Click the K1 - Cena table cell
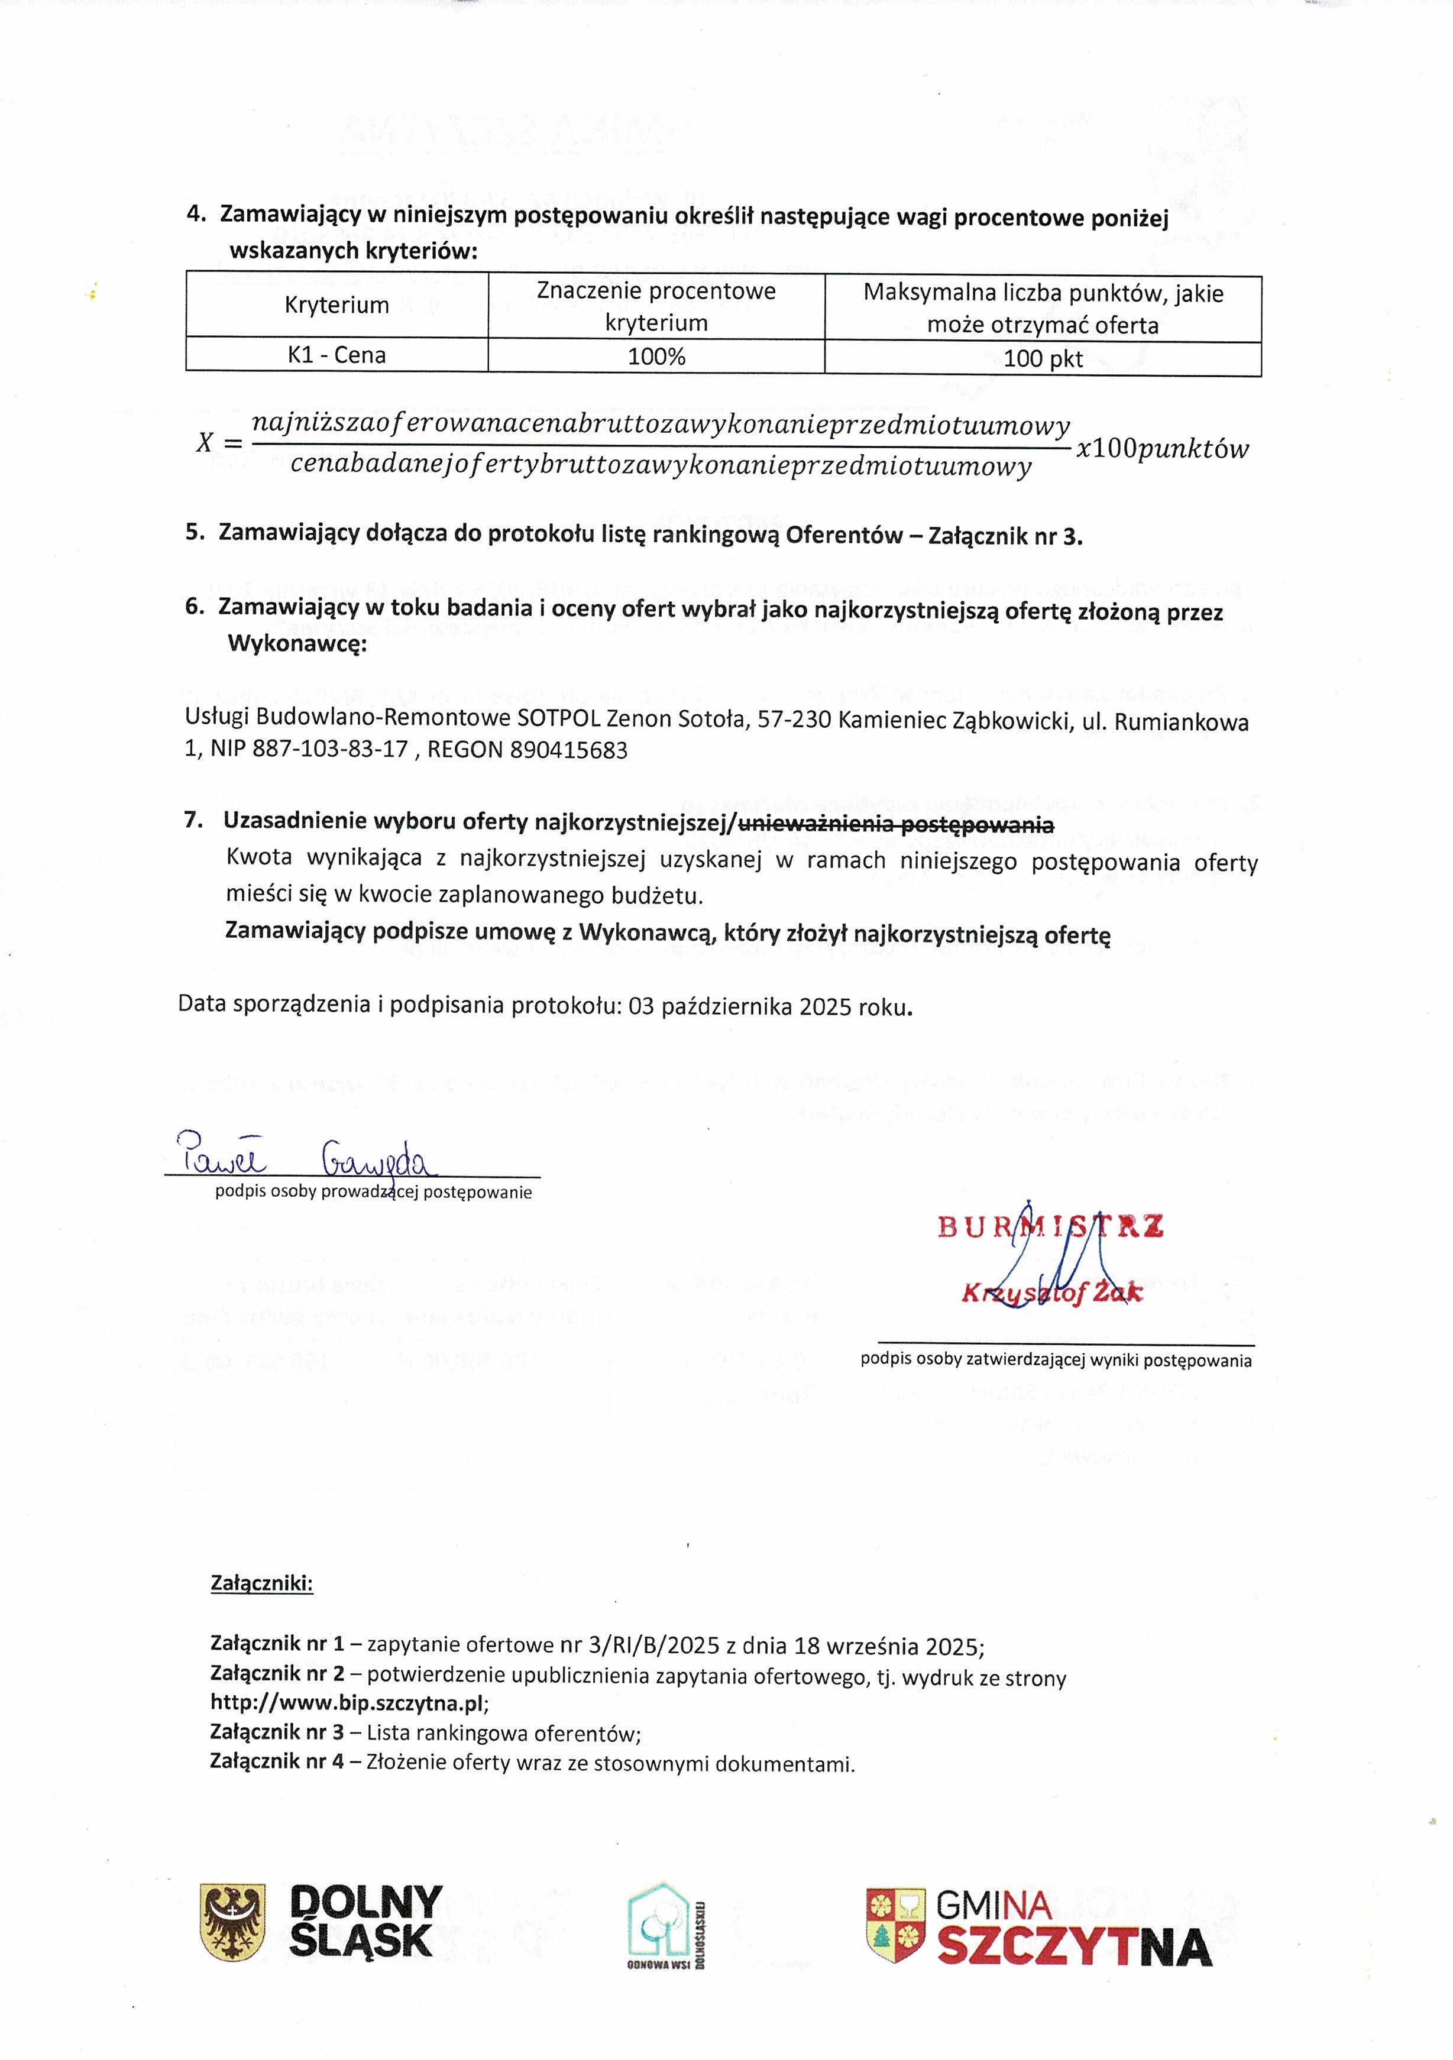pos(336,355)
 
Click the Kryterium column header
pos(336,305)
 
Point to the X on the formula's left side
pos(206,442)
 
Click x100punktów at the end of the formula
pos(1161,449)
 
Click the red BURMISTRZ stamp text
pos(1050,1226)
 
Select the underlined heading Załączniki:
pos(261,1583)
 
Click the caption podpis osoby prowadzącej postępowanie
pos(373,1193)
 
